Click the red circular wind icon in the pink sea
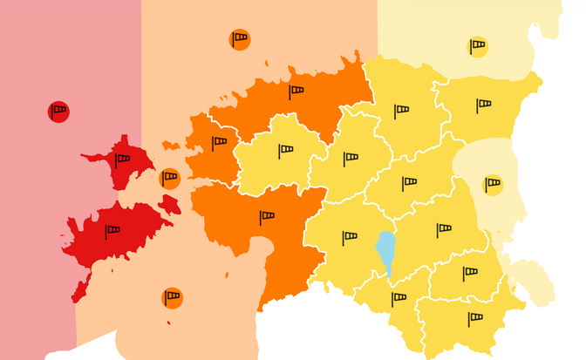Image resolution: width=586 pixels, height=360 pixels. click(x=58, y=112)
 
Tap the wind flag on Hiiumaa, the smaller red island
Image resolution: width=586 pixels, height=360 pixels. click(x=122, y=160)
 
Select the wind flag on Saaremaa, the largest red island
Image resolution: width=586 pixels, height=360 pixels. click(x=112, y=231)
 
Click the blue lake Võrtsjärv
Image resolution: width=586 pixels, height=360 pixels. click(x=385, y=252)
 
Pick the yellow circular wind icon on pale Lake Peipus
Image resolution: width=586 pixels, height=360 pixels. click(x=493, y=184)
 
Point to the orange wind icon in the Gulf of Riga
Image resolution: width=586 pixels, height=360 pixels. click(x=172, y=298)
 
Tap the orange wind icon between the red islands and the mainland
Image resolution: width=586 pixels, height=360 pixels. click(x=170, y=179)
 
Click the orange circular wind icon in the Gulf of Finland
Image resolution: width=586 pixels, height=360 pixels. click(x=240, y=39)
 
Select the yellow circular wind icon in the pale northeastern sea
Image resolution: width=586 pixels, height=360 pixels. click(x=477, y=46)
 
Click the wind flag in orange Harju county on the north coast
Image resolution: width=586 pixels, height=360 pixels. click(x=296, y=92)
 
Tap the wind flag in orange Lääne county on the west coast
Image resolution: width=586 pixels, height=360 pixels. click(x=219, y=143)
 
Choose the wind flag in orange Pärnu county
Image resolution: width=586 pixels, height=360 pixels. click(x=267, y=217)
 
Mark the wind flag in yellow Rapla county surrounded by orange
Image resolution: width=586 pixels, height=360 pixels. click(x=286, y=152)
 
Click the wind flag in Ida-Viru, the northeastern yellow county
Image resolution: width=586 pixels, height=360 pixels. click(x=483, y=105)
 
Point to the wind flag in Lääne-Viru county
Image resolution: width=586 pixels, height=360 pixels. click(x=401, y=111)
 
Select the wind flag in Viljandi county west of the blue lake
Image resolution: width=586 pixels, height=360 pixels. click(x=350, y=237)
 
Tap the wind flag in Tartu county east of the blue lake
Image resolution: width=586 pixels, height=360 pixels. click(x=444, y=230)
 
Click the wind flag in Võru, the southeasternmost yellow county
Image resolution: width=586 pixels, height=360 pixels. click(x=474, y=318)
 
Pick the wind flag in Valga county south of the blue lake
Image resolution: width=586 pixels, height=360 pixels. click(x=399, y=298)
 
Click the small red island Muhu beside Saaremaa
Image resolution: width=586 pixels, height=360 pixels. click(x=169, y=206)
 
